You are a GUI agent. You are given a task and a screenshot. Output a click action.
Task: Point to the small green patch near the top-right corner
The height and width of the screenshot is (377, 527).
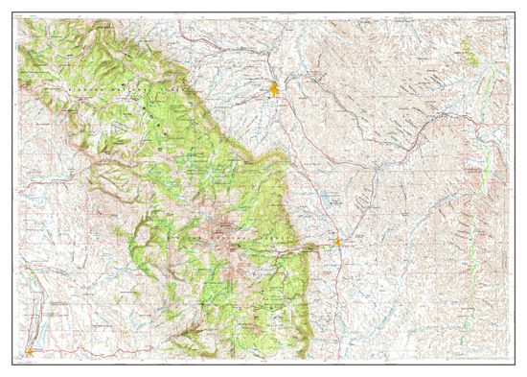point(467,46)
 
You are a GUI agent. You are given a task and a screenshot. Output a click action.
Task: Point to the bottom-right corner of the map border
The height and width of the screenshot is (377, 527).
point(512,363)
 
